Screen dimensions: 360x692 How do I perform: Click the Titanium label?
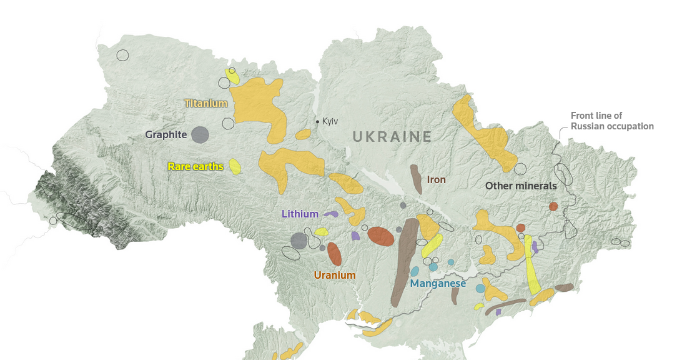205,103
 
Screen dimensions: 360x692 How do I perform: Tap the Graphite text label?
166,134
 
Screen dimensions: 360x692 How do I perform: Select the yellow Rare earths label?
195,167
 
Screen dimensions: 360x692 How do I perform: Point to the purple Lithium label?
300,214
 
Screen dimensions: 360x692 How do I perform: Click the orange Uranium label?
335,275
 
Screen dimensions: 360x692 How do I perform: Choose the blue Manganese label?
438,283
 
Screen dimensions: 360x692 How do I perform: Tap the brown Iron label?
436,179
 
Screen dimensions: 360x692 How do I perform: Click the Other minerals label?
521,186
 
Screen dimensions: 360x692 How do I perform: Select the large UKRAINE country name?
392,137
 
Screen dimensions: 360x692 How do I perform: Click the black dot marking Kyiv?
317,121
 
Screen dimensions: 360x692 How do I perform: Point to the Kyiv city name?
330,121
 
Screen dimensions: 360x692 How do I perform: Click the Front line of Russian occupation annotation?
612,121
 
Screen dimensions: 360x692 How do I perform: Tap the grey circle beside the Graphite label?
200,134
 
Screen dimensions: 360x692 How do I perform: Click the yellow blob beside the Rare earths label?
235,166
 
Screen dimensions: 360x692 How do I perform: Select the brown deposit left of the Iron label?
416,179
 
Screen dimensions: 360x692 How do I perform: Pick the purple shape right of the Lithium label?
330,214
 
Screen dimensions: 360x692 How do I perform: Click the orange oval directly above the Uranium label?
334,254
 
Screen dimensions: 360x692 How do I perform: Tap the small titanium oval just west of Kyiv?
303,134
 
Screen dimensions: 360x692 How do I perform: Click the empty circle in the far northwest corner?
122,55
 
